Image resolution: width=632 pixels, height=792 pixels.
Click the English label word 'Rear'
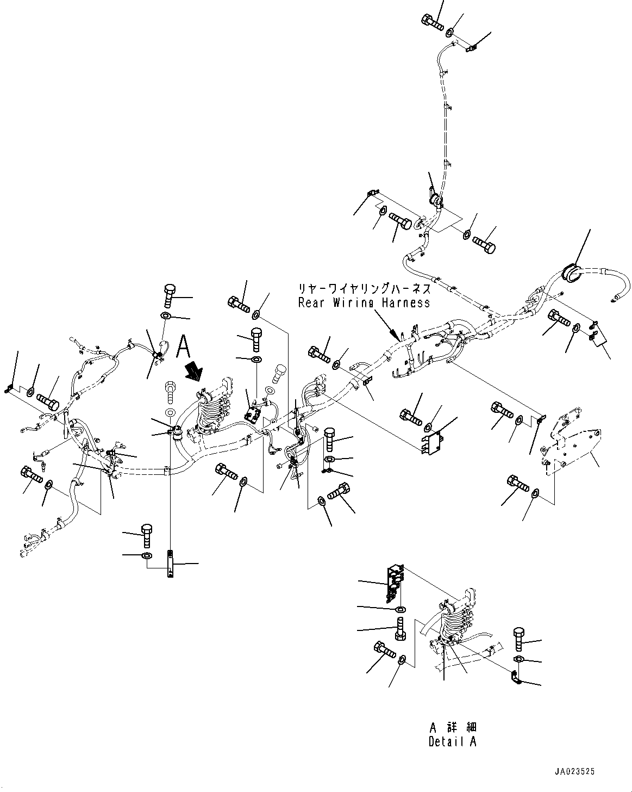click(x=310, y=302)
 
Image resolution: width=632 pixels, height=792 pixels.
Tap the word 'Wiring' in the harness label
click(x=352, y=302)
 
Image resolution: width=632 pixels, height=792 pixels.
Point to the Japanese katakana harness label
click(x=364, y=288)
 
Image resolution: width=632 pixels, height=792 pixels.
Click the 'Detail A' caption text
click(x=452, y=741)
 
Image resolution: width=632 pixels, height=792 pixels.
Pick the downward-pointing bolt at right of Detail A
click(x=517, y=639)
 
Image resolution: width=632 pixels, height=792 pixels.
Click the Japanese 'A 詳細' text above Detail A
click(x=452, y=728)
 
